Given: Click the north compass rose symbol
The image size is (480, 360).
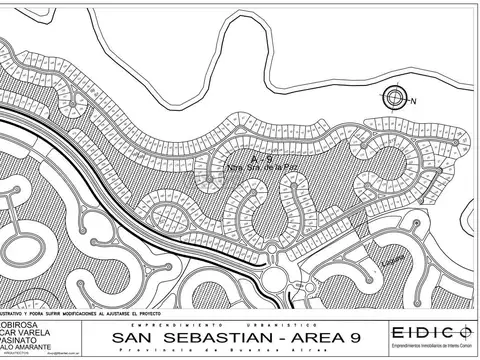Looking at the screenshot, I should click(x=395, y=97).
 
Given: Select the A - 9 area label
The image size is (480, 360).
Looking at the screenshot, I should click(x=263, y=159).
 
